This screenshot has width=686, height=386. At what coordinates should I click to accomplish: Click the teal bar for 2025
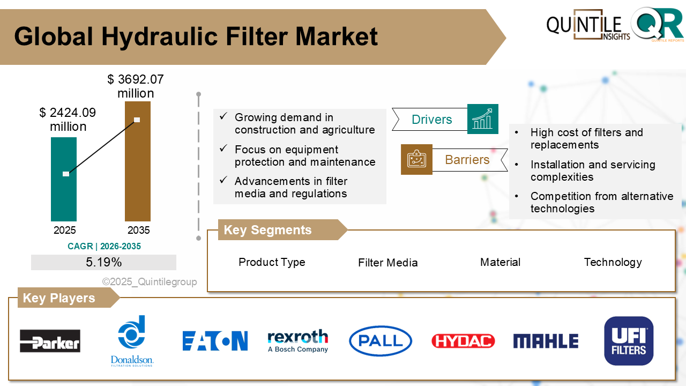(x=64, y=193)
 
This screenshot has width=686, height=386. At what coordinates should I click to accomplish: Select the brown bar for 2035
(x=138, y=172)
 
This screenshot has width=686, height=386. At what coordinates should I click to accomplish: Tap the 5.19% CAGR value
(x=103, y=262)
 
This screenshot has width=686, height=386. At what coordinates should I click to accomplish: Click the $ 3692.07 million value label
(x=136, y=87)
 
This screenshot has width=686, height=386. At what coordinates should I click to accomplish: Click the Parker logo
(x=50, y=341)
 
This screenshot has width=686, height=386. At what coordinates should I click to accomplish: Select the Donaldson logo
(x=132, y=341)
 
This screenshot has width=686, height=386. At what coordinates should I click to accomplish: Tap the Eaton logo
(x=215, y=341)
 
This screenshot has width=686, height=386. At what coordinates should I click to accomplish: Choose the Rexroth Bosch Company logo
(x=298, y=341)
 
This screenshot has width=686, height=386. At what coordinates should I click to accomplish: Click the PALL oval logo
(x=381, y=341)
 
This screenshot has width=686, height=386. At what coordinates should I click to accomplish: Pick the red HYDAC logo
(x=463, y=341)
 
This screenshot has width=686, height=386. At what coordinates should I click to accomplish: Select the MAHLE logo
(x=546, y=341)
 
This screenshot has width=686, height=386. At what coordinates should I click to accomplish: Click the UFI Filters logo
(x=629, y=341)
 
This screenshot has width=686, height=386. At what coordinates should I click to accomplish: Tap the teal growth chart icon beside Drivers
(x=483, y=119)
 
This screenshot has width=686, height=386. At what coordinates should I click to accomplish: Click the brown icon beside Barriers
(x=416, y=159)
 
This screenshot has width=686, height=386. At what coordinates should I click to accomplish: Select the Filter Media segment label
(x=387, y=263)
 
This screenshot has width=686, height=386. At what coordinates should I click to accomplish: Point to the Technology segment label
(x=613, y=262)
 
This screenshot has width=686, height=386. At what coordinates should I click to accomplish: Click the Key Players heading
(x=59, y=298)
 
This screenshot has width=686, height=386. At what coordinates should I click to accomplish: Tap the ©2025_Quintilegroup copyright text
(x=150, y=282)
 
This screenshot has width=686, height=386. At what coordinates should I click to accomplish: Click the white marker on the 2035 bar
(x=137, y=120)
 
